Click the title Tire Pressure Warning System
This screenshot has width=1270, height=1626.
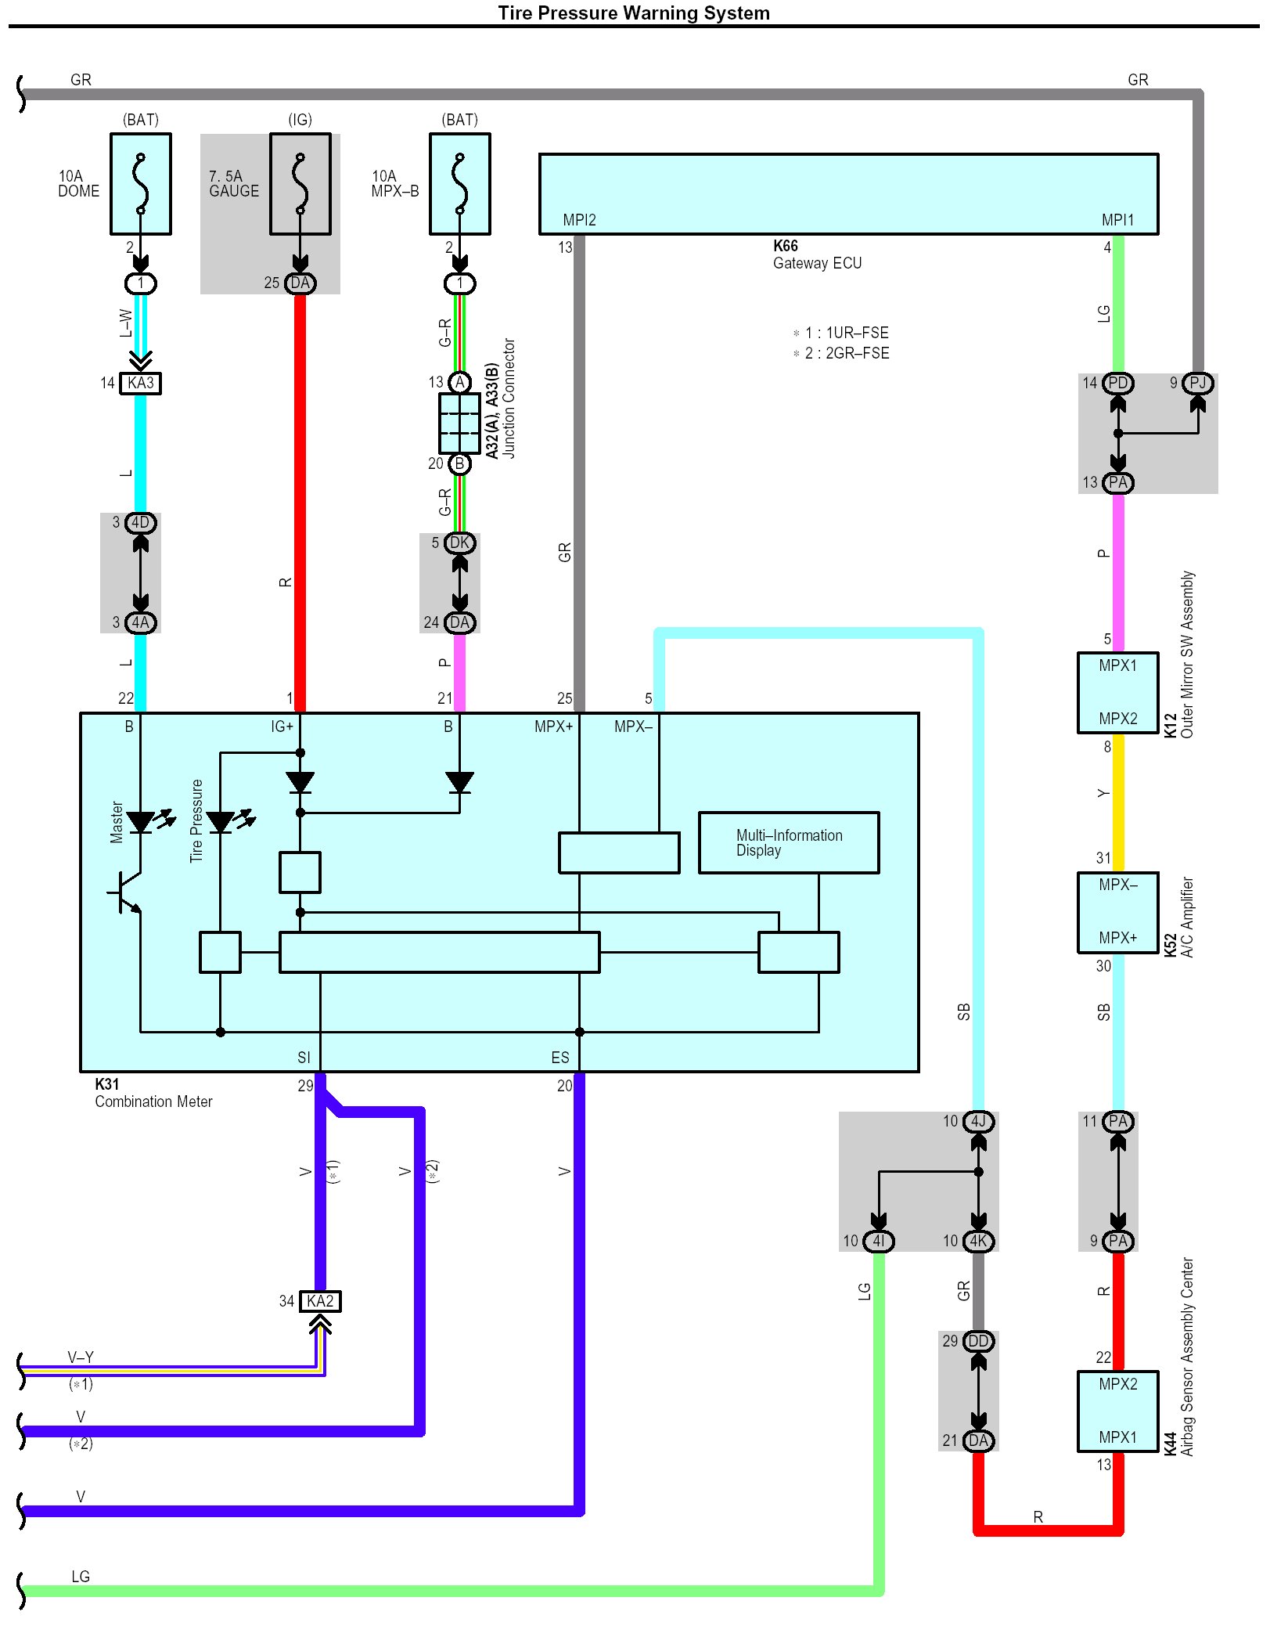[x=634, y=13]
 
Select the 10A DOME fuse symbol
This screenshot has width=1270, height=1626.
[x=141, y=184]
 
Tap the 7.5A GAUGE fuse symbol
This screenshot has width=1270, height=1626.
[x=300, y=184]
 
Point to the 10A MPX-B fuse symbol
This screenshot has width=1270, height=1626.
[x=460, y=184]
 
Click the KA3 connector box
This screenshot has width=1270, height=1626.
[x=141, y=383]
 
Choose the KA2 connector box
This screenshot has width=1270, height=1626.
[x=321, y=1301]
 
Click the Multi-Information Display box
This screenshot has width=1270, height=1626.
[x=789, y=842]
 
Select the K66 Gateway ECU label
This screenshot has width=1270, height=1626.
[x=817, y=254]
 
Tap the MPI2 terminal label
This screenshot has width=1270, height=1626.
[x=579, y=220]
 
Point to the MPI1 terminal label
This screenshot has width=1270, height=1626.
[x=1117, y=220]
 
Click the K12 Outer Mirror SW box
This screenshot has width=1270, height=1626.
[x=1117, y=692]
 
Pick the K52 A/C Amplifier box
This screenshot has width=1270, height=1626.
[x=1117, y=912]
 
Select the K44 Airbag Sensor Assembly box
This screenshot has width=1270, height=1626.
[x=1117, y=1411]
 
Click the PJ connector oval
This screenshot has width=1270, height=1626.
[x=1197, y=383]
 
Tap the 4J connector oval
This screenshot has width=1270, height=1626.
[x=978, y=1121]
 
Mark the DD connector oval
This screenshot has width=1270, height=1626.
[x=978, y=1341]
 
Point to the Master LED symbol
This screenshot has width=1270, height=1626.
[x=141, y=822]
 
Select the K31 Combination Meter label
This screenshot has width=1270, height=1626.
[x=153, y=1093]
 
